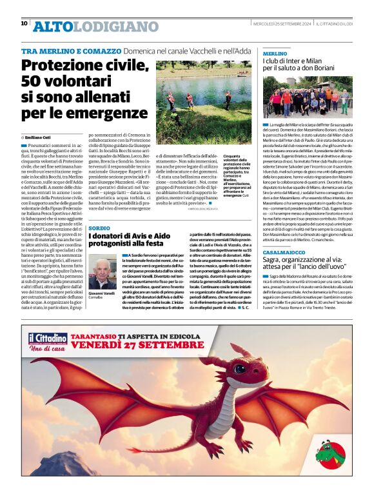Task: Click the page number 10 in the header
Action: point(24,23)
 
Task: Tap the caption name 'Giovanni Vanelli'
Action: point(102,293)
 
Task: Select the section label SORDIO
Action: point(99,229)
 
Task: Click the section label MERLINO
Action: point(275,54)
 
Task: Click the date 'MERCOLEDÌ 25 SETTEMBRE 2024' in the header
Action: point(282,24)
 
